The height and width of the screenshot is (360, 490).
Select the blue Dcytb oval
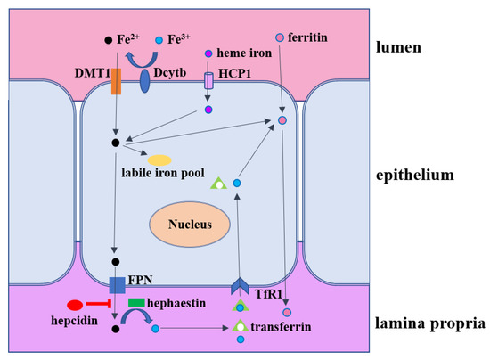point(145,80)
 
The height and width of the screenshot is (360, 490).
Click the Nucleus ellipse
point(192,225)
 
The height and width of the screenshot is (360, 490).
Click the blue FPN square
point(118,285)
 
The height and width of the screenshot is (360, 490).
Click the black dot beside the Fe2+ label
point(108,41)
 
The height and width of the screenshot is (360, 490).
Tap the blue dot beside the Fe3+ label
point(159,41)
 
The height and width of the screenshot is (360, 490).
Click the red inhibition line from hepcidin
point(101,305)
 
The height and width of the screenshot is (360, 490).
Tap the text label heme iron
point(245,53)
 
